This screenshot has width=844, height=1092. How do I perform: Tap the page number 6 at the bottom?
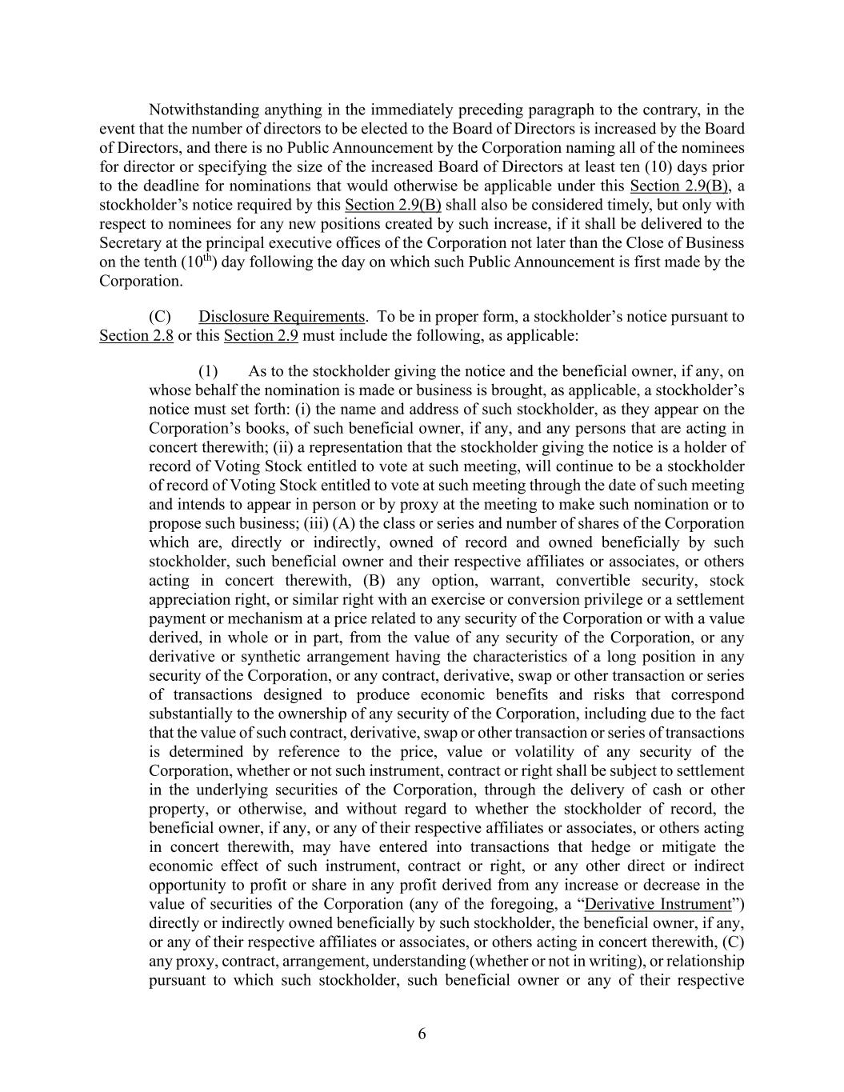[422, 1034]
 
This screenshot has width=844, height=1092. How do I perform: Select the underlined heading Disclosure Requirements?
[281, 316]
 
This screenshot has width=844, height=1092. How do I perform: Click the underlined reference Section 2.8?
[136, 335]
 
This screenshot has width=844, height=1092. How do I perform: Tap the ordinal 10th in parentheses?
[198, 262]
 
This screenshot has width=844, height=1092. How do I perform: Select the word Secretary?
[130, 242]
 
